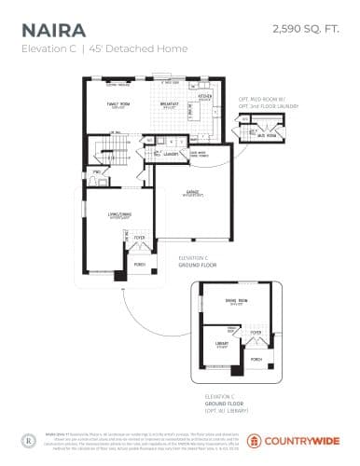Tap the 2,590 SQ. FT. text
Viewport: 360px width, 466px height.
304,31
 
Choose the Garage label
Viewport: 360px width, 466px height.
195,194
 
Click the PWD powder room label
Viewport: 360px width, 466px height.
95,173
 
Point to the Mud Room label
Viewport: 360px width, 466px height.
267,134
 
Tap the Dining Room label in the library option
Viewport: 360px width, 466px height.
236,300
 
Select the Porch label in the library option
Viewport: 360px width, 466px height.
256,358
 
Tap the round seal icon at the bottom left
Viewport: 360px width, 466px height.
27,436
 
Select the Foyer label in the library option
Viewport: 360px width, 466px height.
255,331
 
